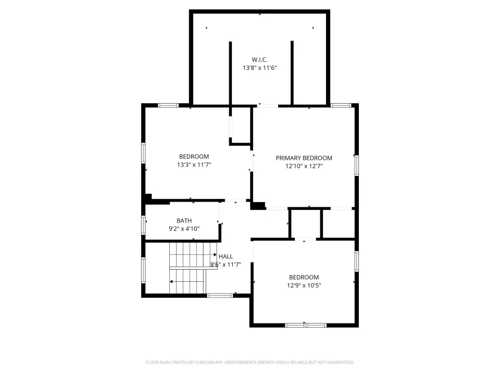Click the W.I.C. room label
click(259, 59)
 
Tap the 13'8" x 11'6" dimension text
click(259, 68)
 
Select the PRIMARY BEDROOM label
click(304, 158)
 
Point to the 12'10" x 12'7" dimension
click(304, 166)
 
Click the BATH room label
click(184, 221)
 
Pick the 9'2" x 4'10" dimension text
click(184, 228)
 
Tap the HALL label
click(226, 256)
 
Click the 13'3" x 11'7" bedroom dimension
click(194, 165)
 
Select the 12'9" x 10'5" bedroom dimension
click(304, 285)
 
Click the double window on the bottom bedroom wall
click(306, 325)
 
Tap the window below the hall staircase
click(220, 296)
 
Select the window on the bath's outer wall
click(144, 225)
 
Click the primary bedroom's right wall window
click(356, 165)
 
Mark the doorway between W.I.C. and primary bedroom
click(268, 105)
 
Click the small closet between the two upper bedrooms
click(241, 126)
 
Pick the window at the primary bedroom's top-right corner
click(341, 105)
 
